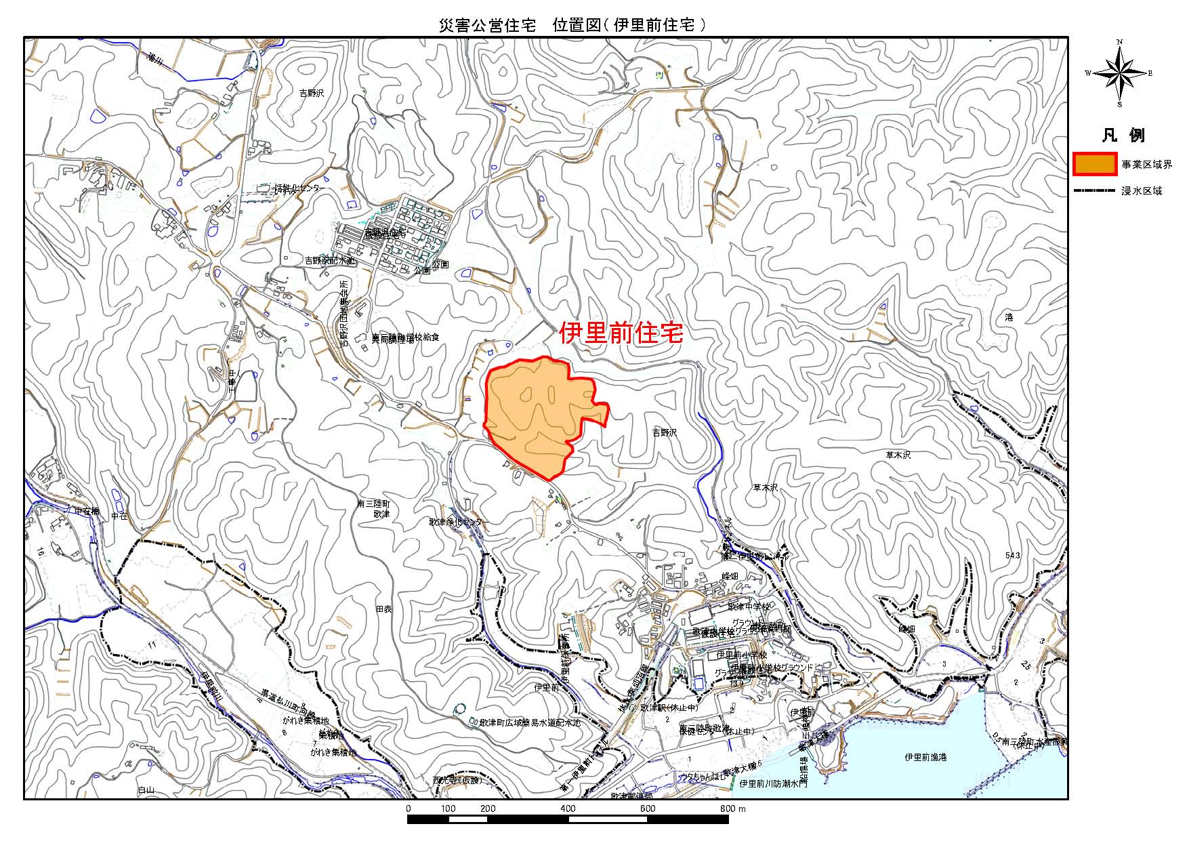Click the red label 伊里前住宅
621,333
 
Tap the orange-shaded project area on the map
535,413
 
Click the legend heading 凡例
1123,135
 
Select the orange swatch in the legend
1095,165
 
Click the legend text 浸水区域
1142,191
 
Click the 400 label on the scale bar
568,808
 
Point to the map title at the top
573,26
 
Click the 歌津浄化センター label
457,522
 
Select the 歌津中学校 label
749,607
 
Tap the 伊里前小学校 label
742,655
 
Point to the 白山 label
146,790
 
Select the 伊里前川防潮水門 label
774,784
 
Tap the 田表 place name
384,609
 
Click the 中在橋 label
87,512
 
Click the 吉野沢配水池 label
329,260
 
